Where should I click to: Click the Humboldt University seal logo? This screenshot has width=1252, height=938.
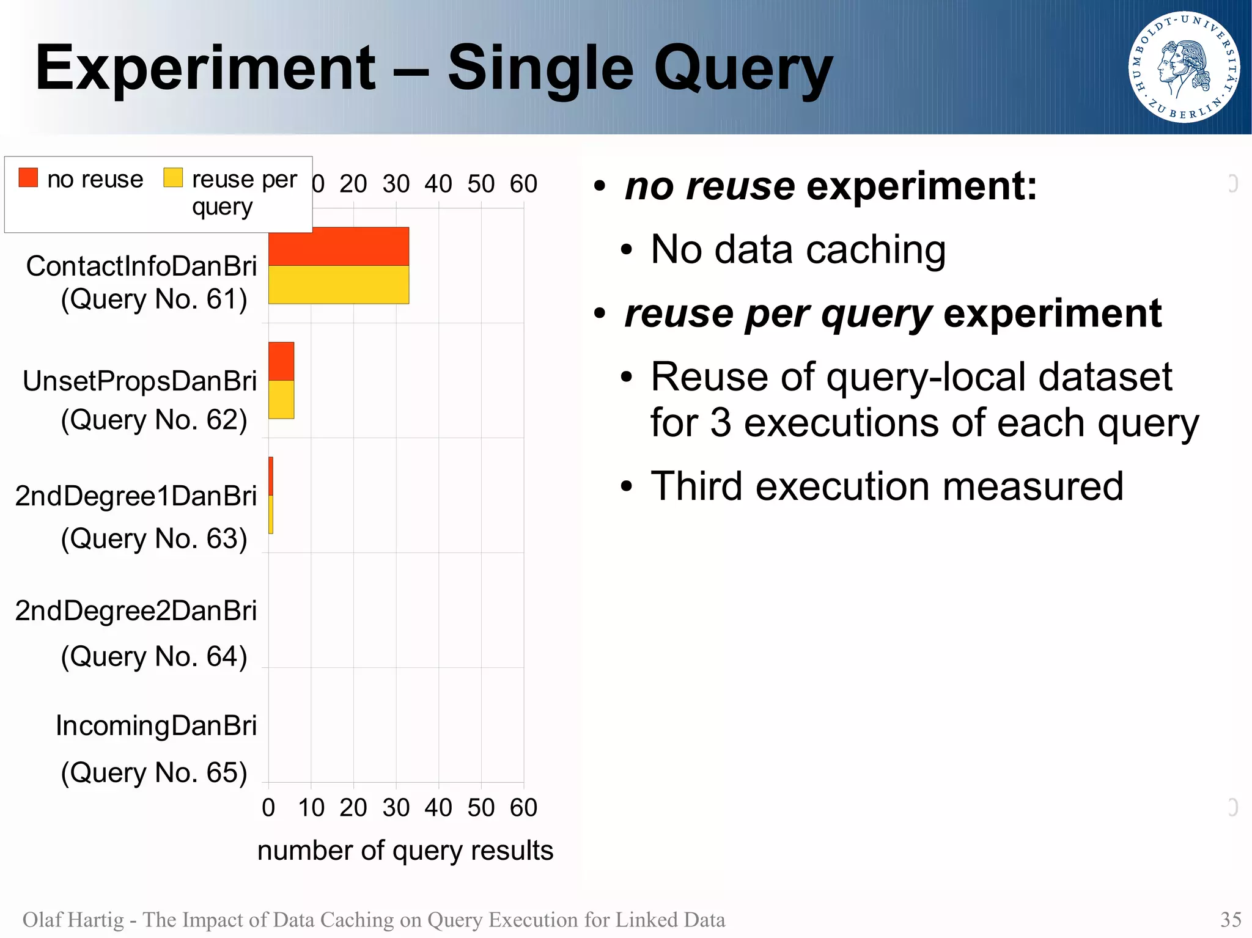(x=1184, y=67)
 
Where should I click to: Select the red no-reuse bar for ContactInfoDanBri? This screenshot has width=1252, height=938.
(x=338, y=246)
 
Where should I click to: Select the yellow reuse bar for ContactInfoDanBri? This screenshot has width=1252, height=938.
(x=338, y=285)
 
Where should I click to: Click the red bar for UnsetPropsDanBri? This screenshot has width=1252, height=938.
(x=281, y=361)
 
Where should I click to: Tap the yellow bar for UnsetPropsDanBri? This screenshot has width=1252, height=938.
(x=281, y=400)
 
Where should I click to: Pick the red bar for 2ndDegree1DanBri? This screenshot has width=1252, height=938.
(x=271, y=476)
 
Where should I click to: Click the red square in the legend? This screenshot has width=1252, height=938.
(x=28, y=177)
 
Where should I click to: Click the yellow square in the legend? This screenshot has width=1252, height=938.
(x=173, y=177)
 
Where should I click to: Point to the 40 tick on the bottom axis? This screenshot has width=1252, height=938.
(x=438, y=808)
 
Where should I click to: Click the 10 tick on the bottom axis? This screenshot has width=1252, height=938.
(x=311, y=808)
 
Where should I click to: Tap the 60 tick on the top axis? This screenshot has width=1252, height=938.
(x=523, y=184)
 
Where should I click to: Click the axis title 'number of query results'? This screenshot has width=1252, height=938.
(x=405, y=851)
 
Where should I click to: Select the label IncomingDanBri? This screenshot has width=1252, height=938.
(x=156, y=726)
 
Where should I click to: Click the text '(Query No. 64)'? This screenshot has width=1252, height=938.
(x=154, y=657)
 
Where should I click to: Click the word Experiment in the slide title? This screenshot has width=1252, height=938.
(x=205, y=68)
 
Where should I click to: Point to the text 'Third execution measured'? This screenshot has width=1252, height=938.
(x=886, y=486)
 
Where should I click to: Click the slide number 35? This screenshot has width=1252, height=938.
(x=1230, y=920)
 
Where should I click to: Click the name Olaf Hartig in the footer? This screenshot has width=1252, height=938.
(x=73, y=920)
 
